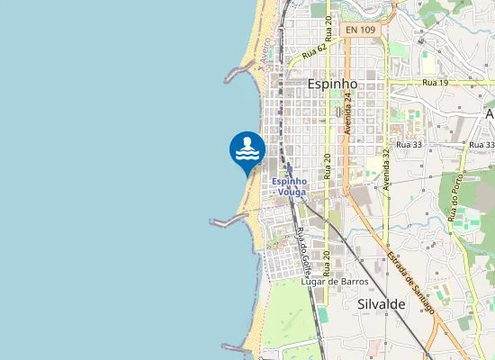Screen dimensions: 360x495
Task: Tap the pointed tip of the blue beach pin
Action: [247, 177]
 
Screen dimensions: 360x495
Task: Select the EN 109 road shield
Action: [360, 30]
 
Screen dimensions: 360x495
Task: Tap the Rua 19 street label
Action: [435, 83]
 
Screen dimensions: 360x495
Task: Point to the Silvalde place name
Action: [382, 304]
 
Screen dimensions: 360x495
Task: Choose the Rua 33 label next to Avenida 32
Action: [409, 144]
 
